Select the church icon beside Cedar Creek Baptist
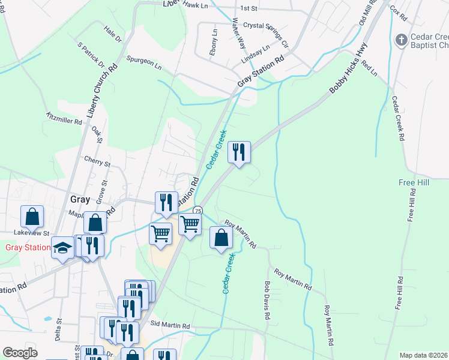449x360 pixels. click(402, 40)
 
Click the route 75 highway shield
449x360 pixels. click(197, 211)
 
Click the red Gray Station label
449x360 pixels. click(28, 247)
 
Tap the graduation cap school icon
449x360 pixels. click(62, 248)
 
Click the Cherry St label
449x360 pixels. click(98, 162)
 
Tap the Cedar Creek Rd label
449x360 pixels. click(398, 118)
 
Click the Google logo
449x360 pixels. click(20, 353)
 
